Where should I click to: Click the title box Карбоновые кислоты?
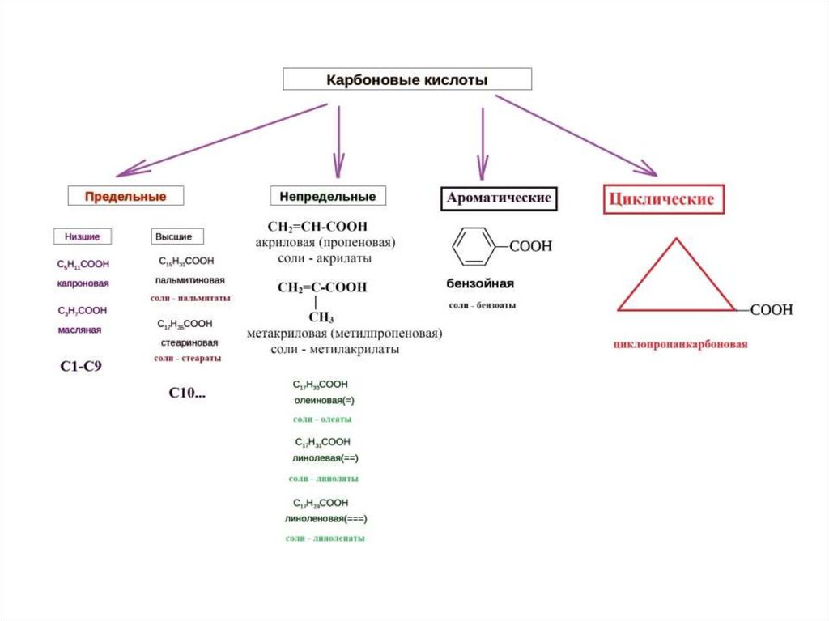tap(406, 79)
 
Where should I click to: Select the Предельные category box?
tap(125, 196)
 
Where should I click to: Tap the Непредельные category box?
tap(328, 196)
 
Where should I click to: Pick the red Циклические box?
tap(663, 199)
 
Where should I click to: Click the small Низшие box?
tap(83, 236)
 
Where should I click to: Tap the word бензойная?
tap(481, 284)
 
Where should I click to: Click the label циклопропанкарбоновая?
tap(680, 344)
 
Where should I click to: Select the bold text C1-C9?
tap(82, 366)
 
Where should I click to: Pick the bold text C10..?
tap(187, 393)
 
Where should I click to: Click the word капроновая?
tap(83, 283)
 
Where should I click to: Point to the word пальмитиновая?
tap(190, 279)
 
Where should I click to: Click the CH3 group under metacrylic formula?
tap(321, 317)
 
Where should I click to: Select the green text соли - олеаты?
tap(322, 419)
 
